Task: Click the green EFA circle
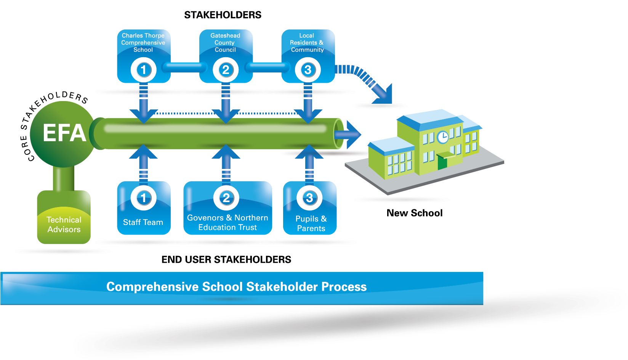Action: pos(63,133)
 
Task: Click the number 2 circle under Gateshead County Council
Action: pos(226,70)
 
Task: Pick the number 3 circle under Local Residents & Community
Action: pos(308,70)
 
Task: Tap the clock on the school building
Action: pos(443,137)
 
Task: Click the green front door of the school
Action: pos(442,162)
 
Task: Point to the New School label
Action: pos(415,213)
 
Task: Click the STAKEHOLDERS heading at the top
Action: pos(223,15)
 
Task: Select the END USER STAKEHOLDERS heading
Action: pos(226,259)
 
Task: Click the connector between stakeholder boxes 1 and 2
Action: pos(185,67)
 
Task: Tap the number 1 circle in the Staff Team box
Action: pos(144,198)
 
